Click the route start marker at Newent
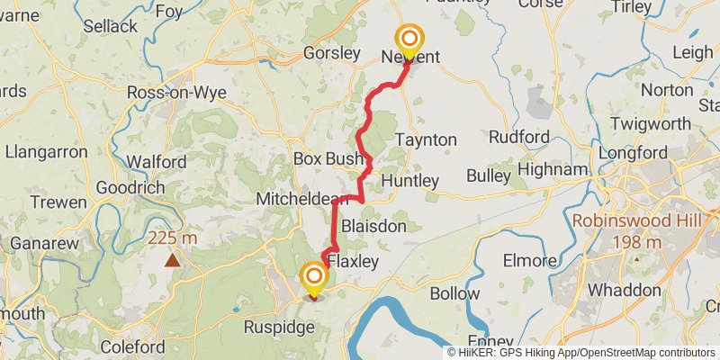[x=409, y=39]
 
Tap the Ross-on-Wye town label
[x=175, y=93]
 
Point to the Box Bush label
[x=327, y=159]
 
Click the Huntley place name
[x=409, y=181]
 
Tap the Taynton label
[x=426, y=140]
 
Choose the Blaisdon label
[x=373, y=226]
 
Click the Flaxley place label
[x=353, y=261]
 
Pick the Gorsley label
[x=331, y=53]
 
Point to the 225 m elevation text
[x=173, y=238]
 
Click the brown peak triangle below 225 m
[x=171, y=260]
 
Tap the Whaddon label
[x=624, y=291]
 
